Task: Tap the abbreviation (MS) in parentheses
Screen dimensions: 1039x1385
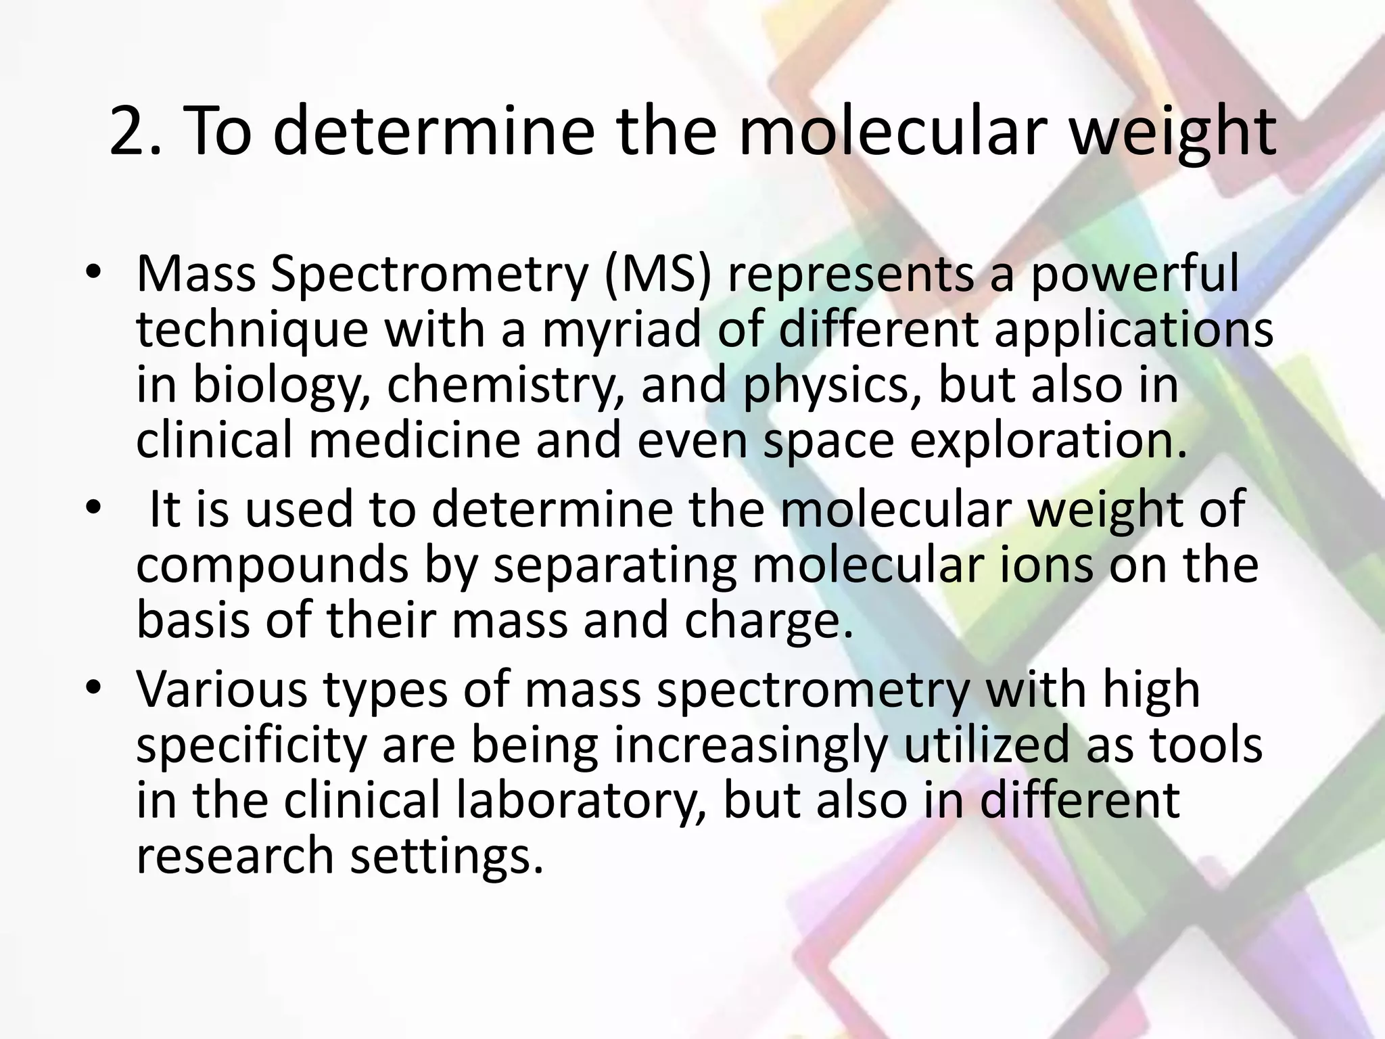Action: [658, 274]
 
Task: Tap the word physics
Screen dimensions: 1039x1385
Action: [831, 386]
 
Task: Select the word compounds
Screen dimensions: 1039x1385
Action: [272, 565]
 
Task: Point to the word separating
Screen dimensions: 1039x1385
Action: [614, 565]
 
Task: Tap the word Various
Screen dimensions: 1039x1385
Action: [222, 689]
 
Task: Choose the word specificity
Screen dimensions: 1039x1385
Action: [251, 746]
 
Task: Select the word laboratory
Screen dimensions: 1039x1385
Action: [576, 801]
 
